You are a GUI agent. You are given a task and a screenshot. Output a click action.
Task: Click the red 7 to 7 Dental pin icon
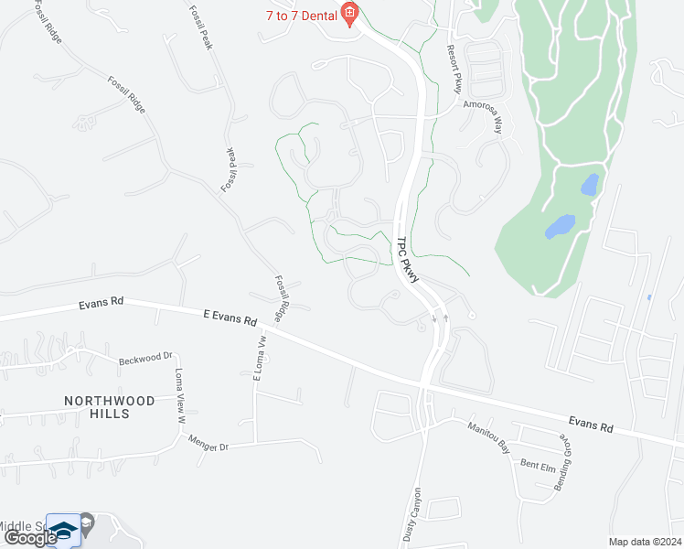(348, 12)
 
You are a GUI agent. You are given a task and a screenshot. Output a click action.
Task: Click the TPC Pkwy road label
(407, 260)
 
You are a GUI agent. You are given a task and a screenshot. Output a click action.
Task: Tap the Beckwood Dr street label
(145, 358)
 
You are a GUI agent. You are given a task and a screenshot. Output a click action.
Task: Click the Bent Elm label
(537, 465)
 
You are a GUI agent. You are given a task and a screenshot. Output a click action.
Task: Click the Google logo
(30, 538)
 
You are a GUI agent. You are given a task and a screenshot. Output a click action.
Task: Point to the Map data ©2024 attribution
(644, 541)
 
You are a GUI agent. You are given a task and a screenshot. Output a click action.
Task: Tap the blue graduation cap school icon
(63, 530)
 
